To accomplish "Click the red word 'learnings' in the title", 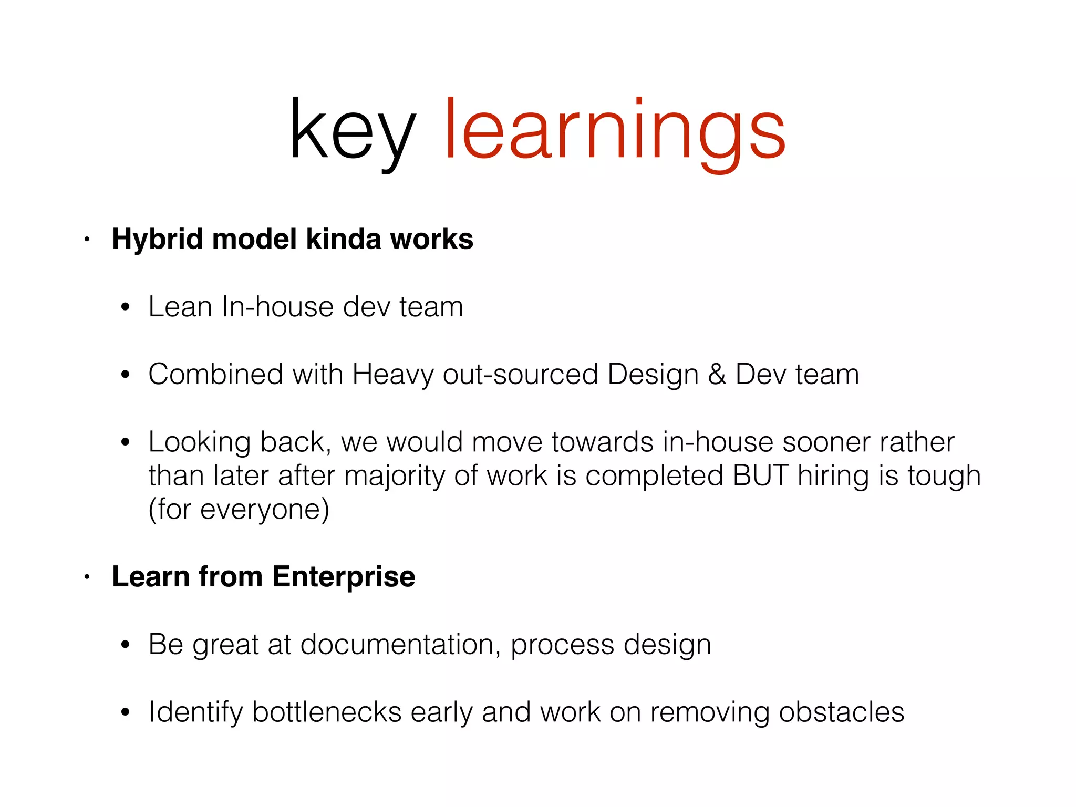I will coord(615,131).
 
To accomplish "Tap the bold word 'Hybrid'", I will coord(157,240).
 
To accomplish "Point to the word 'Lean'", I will coord(180,307).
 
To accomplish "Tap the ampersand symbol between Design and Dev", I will coord(717,375).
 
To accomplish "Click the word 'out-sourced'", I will coord(520,375).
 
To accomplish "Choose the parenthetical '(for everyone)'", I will coord(239,510).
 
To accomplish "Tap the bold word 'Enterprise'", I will coord(344,577).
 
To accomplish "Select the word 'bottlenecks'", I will coord(327,712).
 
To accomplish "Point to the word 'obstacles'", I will coord(841,712).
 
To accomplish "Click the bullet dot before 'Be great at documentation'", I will coord(125,645).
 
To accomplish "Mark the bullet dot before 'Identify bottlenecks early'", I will coord(125,713).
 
